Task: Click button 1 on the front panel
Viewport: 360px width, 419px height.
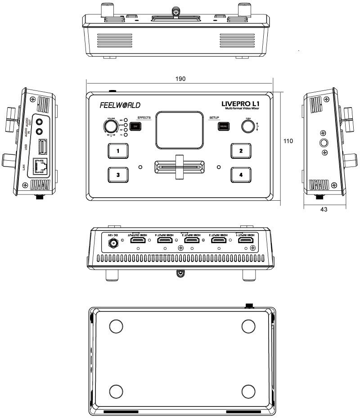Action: tap(118, 151)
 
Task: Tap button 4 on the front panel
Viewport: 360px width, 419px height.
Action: tap(241, 175)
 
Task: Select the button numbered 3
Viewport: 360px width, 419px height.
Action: tap(118, 175)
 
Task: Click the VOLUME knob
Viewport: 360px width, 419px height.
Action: tap(110, 126)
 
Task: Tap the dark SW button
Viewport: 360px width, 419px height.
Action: tap(136, 127)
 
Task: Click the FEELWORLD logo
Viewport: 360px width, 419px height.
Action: tap(120, 105)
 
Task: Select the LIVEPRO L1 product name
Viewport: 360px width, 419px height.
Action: tap(243, 103)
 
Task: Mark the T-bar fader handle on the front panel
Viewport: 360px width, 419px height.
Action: tap(180, 167)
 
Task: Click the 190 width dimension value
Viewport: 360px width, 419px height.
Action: tap(180, 79)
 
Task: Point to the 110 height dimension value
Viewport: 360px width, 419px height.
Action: tap(288, 141)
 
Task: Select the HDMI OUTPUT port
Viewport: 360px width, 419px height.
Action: tap(138, 242)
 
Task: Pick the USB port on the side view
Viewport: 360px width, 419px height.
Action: tap(41, 147)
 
